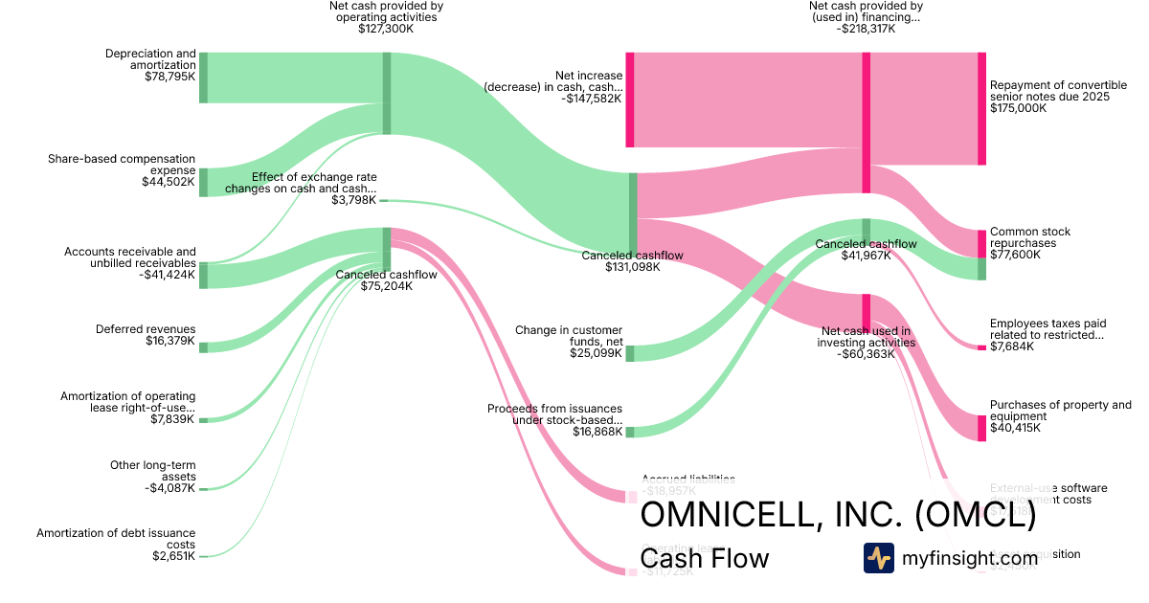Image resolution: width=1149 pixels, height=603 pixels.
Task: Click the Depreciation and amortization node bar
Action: [203, 78]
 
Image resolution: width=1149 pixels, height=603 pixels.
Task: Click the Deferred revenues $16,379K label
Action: [146, 335]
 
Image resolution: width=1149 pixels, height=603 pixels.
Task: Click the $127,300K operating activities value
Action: [386, 29]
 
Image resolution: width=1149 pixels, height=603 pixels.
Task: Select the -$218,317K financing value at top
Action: [865, 29]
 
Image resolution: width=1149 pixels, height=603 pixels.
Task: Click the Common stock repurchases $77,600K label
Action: [1030, 243]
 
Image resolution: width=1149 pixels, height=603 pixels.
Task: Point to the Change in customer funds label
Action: [569, 336]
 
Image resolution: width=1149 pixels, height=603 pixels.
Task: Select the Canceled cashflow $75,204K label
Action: [386, 280]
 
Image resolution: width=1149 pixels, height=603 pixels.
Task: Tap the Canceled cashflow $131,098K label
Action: [632, 260]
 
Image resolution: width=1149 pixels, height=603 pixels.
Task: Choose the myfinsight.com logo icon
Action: [878, 558]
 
